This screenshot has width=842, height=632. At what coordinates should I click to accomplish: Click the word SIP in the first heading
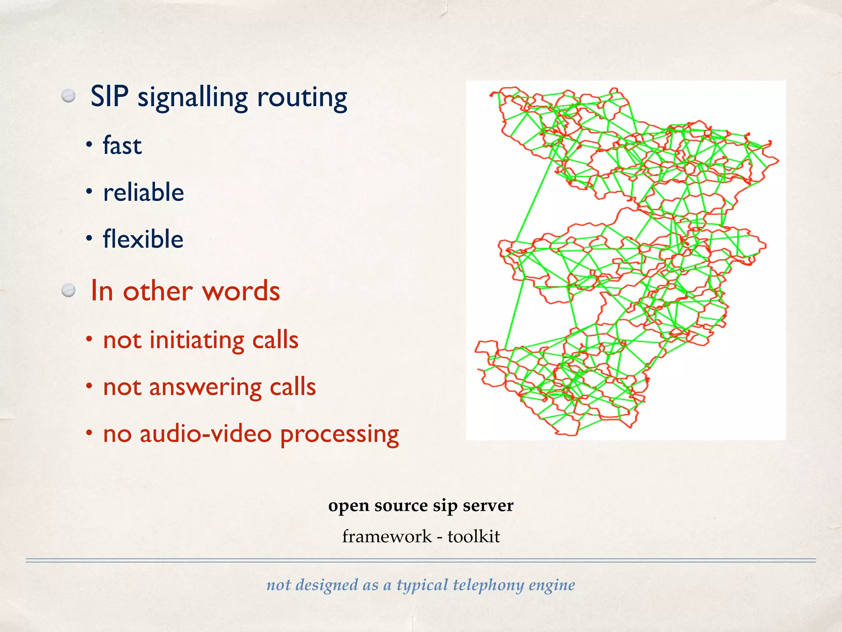click(x=109, y=97)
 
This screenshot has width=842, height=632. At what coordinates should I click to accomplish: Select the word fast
click(x=122, y=146)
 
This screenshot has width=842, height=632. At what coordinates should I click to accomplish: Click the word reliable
click(x=143, y=192)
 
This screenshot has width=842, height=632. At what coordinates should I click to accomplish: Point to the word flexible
click(x=143, y=239)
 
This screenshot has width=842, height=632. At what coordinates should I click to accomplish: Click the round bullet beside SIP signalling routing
click(x=69, y=96)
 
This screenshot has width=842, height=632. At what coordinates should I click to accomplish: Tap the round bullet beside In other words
click(x=69, y=291)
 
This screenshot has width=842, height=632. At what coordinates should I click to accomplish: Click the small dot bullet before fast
click(x=88, y=145)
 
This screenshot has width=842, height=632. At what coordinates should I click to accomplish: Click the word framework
click(x=387, y=537)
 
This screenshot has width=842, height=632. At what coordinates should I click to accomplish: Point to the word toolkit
click(x=474, y=537)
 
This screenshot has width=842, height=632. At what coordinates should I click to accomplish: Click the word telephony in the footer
click(x=488, y=585)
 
